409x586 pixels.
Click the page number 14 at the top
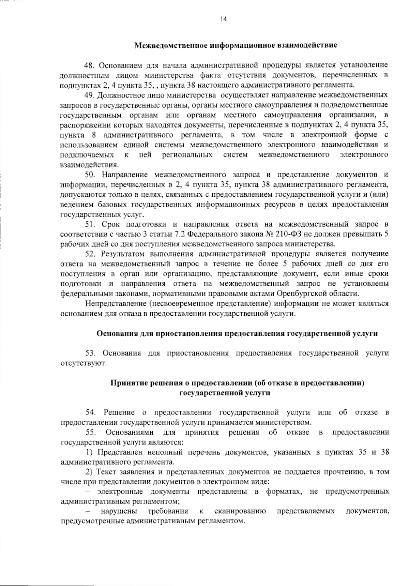point(224,19)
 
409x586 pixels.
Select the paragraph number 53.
point(91,353)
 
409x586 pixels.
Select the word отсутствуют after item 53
point(84,363)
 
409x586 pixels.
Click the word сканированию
point(240,511)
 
